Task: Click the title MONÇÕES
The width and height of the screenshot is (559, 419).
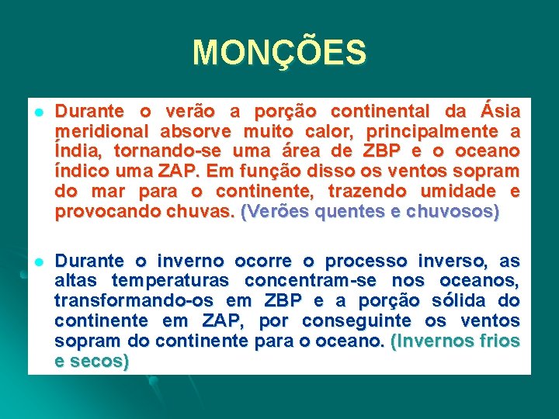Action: (x=279, y=53)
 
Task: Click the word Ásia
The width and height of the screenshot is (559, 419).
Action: (x=498, y=110)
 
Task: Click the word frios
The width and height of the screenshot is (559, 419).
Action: (x=498, y=341)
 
